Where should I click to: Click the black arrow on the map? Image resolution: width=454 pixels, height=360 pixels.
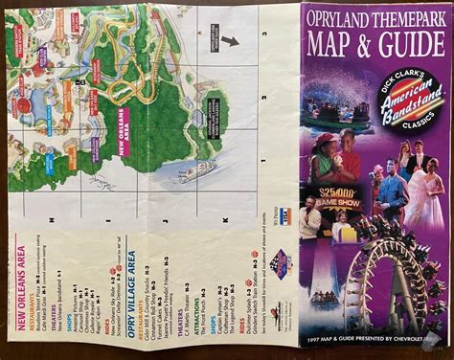click(229, 42)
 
